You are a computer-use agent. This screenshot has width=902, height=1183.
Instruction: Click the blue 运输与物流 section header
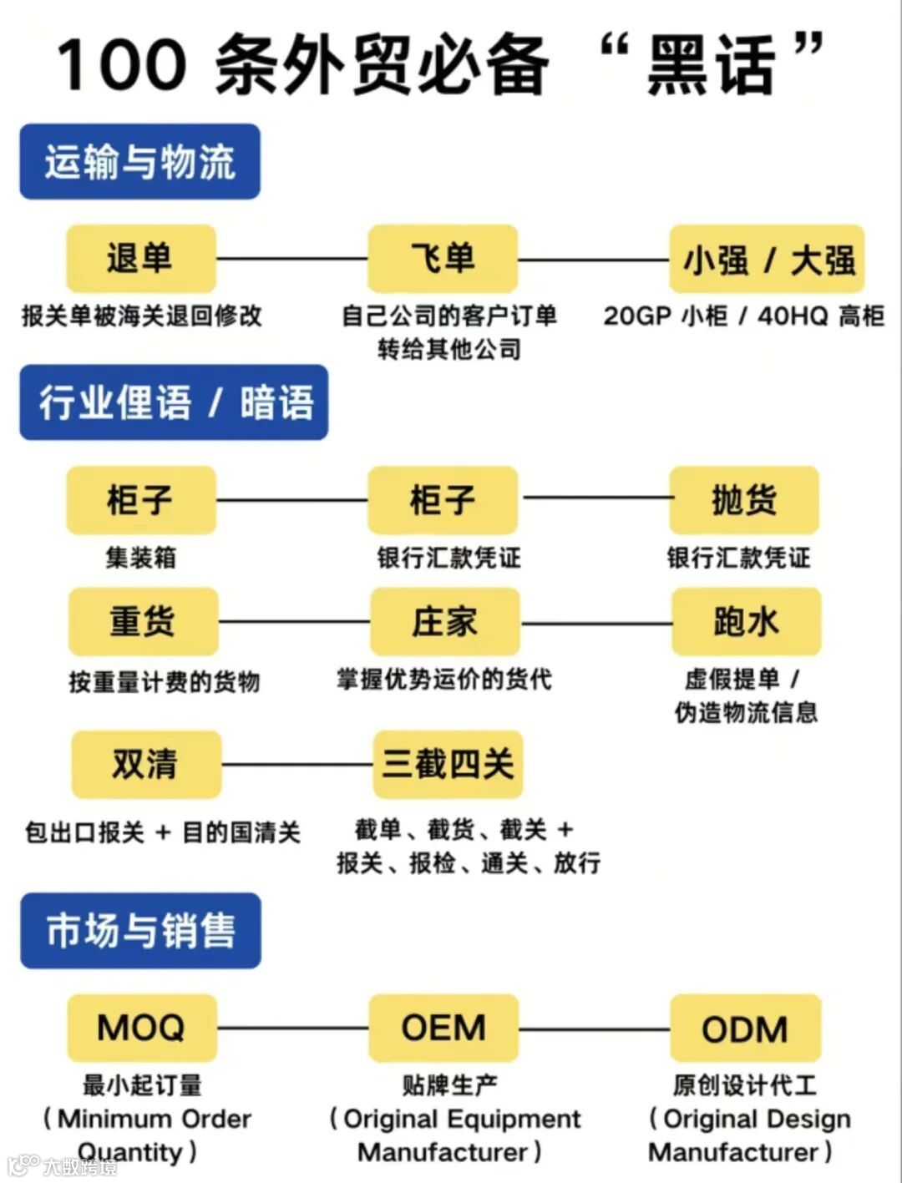(x=139, y=161)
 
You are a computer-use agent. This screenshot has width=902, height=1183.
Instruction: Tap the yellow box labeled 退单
(x=140, y=258)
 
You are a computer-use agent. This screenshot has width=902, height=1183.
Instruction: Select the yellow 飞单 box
(x=443, y=258)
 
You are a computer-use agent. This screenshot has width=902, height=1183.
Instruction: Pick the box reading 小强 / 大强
(x=767, y=260)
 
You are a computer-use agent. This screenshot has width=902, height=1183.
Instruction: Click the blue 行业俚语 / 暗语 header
(x=174, y=402)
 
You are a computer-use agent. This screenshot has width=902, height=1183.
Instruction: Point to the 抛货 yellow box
(x=743, y=500)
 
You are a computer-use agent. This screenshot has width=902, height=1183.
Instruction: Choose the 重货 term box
(x=143, y=622)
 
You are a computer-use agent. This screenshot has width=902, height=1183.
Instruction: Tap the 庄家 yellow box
(x=444, y=622)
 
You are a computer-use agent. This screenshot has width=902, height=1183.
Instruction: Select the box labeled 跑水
(x=746, y=622)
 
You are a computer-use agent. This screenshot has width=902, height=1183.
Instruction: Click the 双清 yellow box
(x=145, y=764)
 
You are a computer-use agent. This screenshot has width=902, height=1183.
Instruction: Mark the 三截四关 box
(x=448, y=764)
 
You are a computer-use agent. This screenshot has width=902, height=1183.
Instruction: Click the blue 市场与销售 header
(x=140, y=930)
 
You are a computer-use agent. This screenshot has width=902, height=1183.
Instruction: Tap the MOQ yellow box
(x=141, y=1028)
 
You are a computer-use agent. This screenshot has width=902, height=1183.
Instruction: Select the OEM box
(x=443, y=1028)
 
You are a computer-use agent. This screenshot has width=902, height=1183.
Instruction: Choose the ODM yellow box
(x=745, y=1029)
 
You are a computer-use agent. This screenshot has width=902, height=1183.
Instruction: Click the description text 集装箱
(x=140, y=557)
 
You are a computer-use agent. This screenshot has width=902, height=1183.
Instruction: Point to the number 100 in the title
(x=122, y=65)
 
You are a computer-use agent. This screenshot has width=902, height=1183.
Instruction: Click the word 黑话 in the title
(x=711, y=65)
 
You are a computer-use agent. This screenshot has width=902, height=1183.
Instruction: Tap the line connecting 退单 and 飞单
(x=291, y=259)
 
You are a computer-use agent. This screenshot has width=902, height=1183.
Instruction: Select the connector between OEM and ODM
(x=594, y=1029)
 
